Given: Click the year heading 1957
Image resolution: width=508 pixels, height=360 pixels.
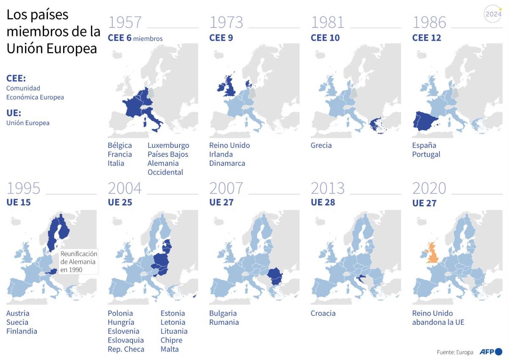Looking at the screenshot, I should tap(125, 22).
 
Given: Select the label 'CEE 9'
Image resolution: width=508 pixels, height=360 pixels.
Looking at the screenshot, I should tap(221, 38).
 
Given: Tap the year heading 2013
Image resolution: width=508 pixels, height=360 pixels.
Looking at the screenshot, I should tap(328, 188).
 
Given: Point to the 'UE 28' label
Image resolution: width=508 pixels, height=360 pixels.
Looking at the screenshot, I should tap(323, 202).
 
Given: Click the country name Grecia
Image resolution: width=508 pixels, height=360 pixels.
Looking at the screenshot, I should tap(321, 145).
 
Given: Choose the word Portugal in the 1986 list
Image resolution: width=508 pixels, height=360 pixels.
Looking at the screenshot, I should tap(426, 154).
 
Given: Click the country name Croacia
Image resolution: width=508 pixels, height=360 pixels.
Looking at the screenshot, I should tap(323, 313).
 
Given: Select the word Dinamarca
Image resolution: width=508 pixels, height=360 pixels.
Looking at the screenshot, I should tap(227, 163).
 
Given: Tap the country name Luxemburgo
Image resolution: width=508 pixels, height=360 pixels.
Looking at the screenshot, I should tap(168, 145).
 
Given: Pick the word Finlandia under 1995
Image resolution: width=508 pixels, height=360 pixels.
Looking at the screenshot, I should tap(22, 331).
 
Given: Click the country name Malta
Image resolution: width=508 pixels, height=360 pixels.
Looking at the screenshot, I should tap(169, 349).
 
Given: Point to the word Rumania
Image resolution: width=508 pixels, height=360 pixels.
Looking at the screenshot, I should tap(224, 322).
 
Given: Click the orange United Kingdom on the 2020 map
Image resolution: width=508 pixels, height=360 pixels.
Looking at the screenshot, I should tap(434, 253).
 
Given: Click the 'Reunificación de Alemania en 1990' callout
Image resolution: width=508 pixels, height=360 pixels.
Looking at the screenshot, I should tap(79, 261).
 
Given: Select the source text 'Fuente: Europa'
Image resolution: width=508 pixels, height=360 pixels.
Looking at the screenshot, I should tap(455, 352).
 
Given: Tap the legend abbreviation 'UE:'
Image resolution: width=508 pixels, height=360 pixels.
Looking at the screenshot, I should tap(14, 113).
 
